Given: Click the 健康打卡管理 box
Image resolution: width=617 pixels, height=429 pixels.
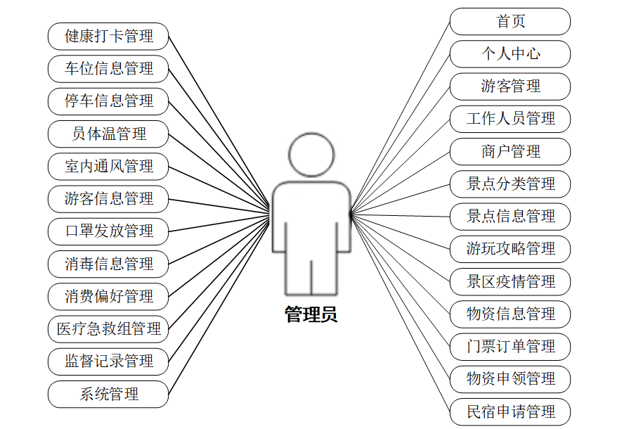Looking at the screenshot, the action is point(109,36).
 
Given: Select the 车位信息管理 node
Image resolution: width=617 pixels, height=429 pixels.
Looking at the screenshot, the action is point(109,68).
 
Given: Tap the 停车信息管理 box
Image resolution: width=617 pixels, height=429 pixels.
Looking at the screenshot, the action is point(109,101).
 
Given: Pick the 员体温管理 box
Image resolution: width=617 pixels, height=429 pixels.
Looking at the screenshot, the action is point(109,134).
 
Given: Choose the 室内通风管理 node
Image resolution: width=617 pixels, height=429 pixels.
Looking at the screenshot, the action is point(109,167).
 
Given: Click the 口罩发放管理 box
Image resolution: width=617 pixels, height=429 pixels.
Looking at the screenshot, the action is point(109,231).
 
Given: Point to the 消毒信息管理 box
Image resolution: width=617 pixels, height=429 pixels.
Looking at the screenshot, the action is point(109,264).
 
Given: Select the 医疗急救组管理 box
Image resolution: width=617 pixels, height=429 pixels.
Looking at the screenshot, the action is point(109,328).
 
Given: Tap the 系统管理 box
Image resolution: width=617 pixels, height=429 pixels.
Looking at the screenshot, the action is point(109,394).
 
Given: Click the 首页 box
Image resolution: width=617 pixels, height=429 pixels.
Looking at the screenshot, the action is point(510,21).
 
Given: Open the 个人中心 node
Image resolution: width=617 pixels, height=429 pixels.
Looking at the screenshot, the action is point(510,54).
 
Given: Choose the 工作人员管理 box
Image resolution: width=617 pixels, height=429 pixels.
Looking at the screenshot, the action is point(510,119).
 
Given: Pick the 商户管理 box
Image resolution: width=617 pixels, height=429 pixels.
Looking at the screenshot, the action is point(510,151).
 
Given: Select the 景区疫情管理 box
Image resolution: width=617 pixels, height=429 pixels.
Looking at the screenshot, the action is point(510,281).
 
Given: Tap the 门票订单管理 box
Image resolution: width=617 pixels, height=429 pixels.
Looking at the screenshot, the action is point(510,347).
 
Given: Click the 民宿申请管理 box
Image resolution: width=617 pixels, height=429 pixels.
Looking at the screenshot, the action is point(510,411).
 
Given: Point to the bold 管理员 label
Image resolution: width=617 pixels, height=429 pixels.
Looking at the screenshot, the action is point(311,314).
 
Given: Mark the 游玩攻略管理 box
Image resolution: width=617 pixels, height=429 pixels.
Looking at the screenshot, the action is point(510,249).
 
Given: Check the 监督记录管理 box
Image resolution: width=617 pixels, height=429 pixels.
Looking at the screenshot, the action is point(109,361).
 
